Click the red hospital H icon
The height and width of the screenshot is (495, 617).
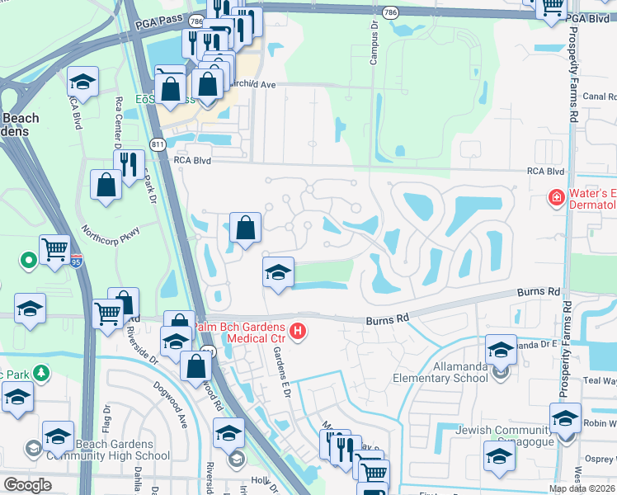coord(299,332)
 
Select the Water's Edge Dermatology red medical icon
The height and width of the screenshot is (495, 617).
coord(557,198)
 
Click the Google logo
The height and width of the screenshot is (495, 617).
coord(27,485)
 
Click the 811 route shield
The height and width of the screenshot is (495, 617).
coord(158,144)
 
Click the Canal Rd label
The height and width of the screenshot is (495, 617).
coord(600,97)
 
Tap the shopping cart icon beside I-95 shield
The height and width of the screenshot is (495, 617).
coord(55,247)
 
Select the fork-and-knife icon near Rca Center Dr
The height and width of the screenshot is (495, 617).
coord(128,164)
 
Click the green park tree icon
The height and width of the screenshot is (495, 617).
coord(40,372)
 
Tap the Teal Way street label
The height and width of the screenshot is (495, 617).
coord(600,380)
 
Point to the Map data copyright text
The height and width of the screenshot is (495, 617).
coord(581,488)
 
